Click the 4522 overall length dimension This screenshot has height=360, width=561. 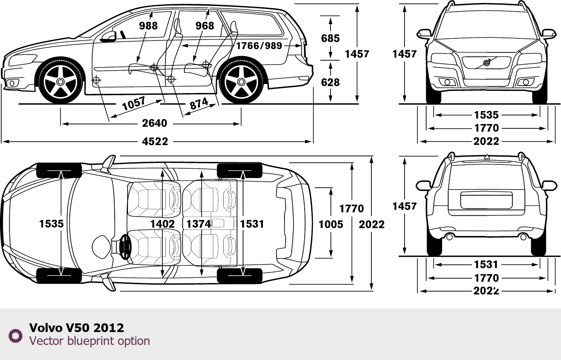click(155, 142)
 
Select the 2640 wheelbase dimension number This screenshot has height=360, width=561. click(155, 124)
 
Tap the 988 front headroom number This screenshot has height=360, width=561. click(148, 26)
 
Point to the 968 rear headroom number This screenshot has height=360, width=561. click(205, 26)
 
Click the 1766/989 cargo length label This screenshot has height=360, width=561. click(259, 46)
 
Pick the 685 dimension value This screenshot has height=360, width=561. click(330, 38)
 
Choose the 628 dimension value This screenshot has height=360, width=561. click(330, 82)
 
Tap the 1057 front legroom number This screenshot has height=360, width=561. click(134, 103)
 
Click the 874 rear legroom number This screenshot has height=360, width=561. click(199, 104)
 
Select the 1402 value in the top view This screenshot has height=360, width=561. click(162, 224)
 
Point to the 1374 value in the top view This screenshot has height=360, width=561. click(199, 224)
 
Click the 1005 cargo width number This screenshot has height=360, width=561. click(331, 224)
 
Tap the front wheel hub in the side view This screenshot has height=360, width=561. click(60, 82)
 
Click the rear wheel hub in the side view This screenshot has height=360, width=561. click(241, 82)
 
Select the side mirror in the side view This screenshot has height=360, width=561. click(109, 36)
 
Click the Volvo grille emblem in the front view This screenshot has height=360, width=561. click(486, 62)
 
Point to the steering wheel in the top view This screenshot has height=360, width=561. click(125, 246)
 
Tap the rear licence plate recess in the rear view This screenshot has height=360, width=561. click(486, 200)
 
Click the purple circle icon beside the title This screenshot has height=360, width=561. click(16, 336)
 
